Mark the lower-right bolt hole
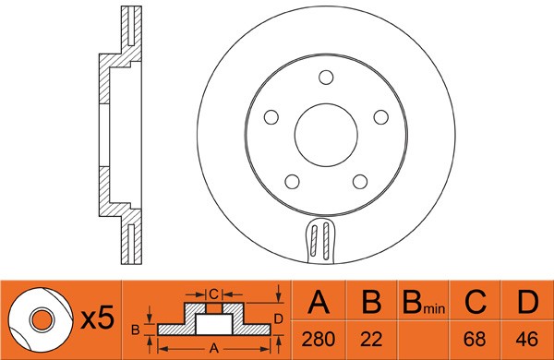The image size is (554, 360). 361,182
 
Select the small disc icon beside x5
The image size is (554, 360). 42,319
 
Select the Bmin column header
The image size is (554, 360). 423,304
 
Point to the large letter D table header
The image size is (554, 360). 526,303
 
